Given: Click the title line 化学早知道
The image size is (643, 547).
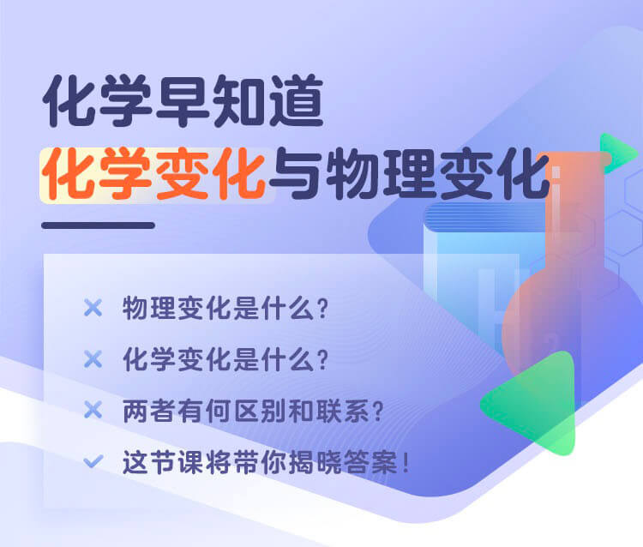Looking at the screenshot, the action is pos(183,101).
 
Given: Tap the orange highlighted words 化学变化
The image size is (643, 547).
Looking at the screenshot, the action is pos(153,174).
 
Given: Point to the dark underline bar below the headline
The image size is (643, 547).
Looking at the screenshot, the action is pos(98,225).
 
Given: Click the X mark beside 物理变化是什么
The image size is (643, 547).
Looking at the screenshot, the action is pos(93,308).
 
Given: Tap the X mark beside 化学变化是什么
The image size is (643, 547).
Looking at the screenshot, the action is pos(93,359).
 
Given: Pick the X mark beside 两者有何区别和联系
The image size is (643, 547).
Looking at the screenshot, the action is pos(93,410).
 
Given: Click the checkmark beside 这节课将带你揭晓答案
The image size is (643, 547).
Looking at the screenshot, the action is pos(93,461).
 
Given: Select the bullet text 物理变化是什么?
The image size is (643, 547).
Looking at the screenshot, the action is pos(225,308).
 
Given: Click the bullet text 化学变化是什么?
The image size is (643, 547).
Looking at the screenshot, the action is pos(225,359).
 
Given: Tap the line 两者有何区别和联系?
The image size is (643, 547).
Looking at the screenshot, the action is pos(253,411).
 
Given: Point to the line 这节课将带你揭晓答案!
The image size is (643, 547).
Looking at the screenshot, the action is pos(266,462).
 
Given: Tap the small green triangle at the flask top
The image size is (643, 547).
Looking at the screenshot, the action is pos(615,153).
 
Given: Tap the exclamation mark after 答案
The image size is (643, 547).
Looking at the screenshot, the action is pos(406,462).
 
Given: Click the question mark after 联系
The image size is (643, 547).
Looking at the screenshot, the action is pos(377,411).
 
